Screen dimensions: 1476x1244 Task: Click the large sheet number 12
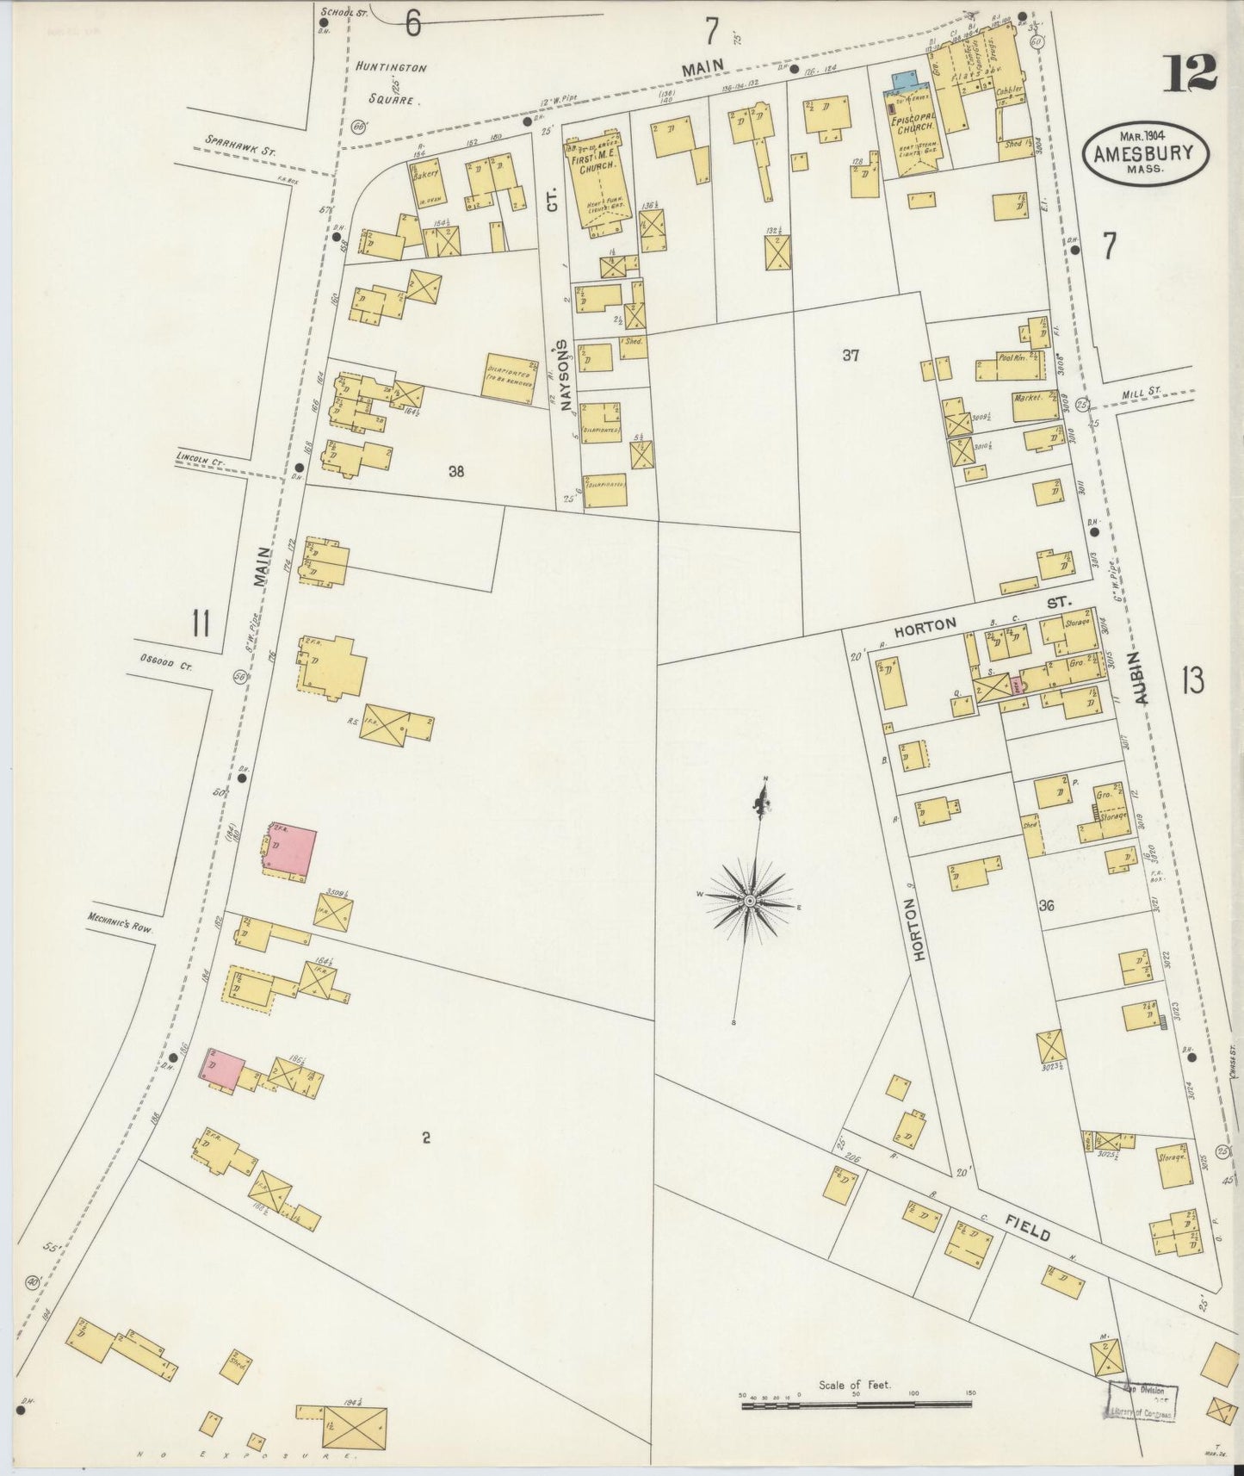click(1191, 72)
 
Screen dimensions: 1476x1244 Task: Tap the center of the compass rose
click(750, 900)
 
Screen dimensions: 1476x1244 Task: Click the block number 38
click(456, 471)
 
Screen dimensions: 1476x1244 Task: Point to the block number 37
click(851, 355)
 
